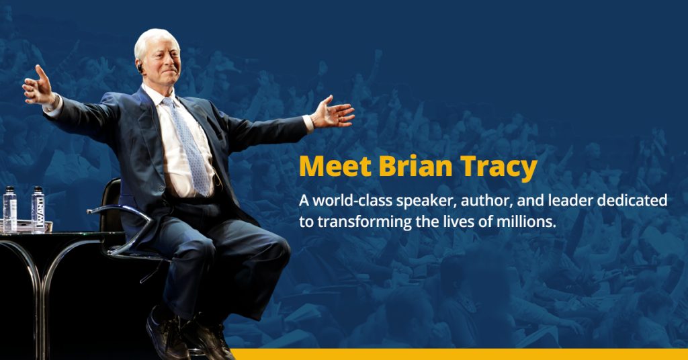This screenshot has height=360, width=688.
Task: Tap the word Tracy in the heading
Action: [499, 167]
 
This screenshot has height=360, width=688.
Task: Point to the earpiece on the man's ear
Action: [140, 67]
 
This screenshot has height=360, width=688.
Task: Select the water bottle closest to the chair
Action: [38, 210]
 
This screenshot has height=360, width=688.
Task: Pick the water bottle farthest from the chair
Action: [9, 210]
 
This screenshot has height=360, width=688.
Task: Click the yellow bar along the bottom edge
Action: [457, 354]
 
